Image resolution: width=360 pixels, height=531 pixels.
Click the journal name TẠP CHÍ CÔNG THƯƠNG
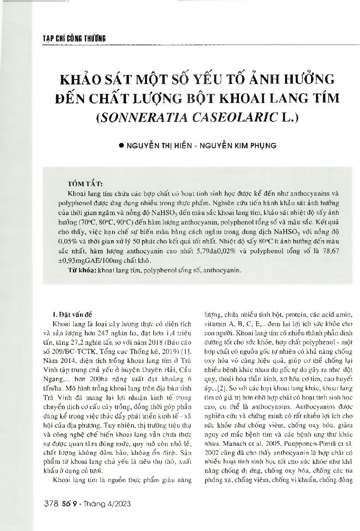click(74, 39)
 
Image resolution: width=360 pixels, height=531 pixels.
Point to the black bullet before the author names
click(121, 145)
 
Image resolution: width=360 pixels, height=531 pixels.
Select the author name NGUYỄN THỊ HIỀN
click(159, 145)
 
